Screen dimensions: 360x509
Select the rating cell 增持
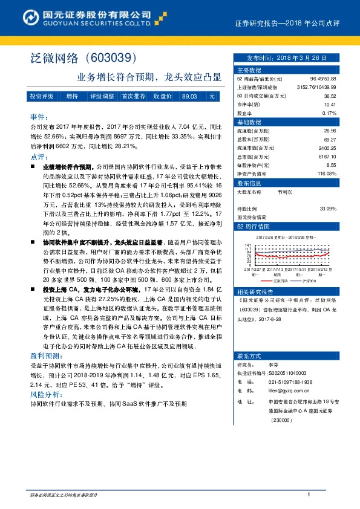pos(72,97)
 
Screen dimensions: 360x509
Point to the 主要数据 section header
pos(249,70)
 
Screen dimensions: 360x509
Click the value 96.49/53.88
pos(323,79)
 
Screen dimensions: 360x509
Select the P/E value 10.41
pos(330,105)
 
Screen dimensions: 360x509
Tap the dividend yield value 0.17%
pos(329,113)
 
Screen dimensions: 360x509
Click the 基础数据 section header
pos(249,122)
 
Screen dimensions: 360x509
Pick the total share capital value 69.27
pos(330,139)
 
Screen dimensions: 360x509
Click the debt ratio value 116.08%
pos(327,173)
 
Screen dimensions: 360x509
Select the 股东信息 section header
pos(249,183)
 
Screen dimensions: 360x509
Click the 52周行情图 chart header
pos(252,226)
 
